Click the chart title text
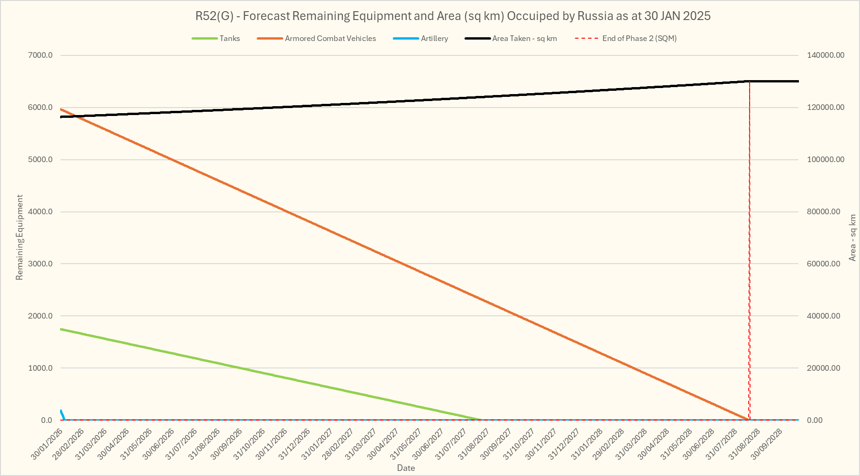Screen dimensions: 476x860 coord(453,16)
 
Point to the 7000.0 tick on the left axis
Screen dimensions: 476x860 coord(41,55)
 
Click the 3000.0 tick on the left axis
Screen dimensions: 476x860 coord(41,264)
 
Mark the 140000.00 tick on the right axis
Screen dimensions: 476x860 coord(826,55)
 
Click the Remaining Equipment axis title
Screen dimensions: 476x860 coord(20,238)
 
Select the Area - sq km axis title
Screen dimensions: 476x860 coord(853,238)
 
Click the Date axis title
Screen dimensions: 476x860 coord(406,468)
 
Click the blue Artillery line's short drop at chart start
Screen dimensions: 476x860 coord(62,415)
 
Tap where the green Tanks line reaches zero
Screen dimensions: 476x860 coord(481,420)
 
